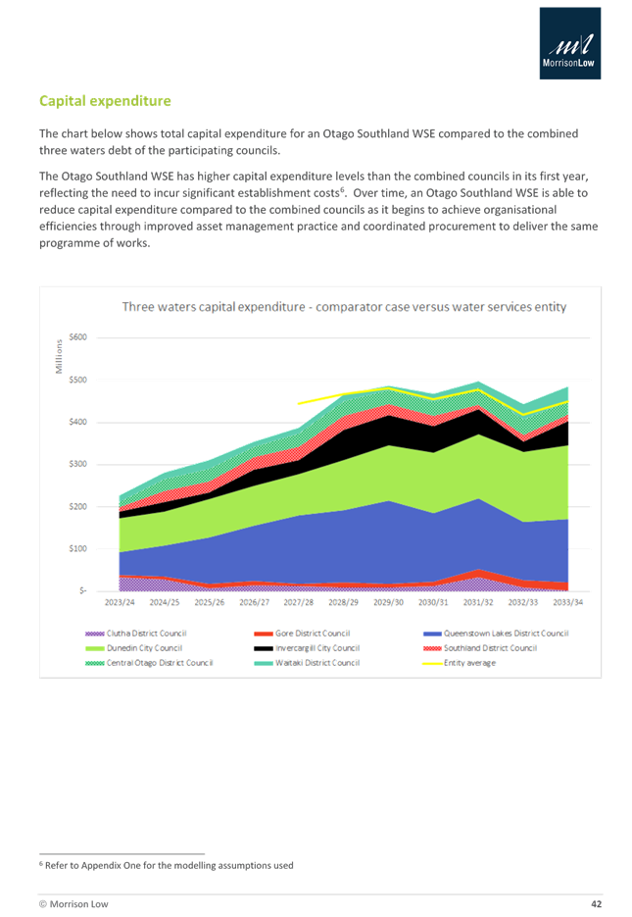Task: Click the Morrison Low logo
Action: [x=570, y=42]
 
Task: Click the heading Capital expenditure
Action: [x=105, y=101]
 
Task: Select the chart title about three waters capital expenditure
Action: [x=344, y=307]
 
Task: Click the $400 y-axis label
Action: [x=77, y=422]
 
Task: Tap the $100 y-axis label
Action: [x=77, y=549]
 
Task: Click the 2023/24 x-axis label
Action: [x=119, y=602]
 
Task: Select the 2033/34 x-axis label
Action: [x=568, y=602]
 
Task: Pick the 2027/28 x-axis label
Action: [x=298, y=602]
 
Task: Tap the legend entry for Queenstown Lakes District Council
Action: [x=505, y=634]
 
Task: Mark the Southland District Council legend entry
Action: [x=491, y=648]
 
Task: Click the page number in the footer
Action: [x=595, y=902]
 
